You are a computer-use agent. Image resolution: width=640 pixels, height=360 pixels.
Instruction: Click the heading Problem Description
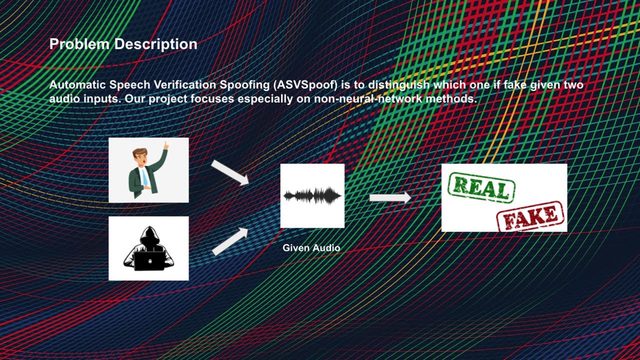coord(123,44)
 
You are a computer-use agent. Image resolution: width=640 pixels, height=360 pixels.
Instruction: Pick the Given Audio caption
coord(311,247)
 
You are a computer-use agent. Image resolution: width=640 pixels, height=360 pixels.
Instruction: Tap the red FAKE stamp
coord(530,216)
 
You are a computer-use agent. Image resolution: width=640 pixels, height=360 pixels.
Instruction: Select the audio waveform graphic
coord(312,195)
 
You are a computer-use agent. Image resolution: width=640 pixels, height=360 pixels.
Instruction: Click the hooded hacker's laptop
coord(148,260)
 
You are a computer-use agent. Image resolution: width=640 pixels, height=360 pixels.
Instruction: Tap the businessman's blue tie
coord(144,177)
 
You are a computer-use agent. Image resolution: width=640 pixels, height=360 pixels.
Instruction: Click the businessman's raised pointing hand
coord(165,145)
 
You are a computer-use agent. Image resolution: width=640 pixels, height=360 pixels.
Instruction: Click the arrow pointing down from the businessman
coord(230,172)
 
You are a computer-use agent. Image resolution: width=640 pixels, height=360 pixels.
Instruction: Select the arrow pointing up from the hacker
coord(230,241)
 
